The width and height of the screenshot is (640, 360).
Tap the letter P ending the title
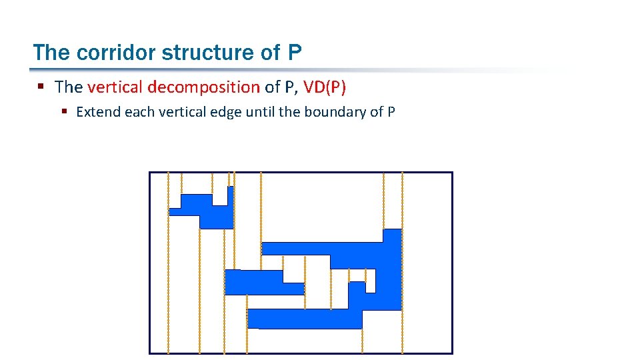click(x=295, y=53)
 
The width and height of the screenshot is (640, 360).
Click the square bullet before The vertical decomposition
click(x=41, y=87)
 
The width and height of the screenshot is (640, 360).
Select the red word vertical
click(x=115, y=87)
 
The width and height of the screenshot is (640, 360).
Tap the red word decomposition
click(x=204, y=87)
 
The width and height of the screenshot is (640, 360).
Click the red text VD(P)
click(x=325, y=87)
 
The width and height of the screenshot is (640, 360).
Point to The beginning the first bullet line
click(x=69, y=87)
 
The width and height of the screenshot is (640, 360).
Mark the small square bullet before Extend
click(x=65, y=111)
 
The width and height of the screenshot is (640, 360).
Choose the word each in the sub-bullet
click(x=139, y=111)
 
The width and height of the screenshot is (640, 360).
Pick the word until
click(x=261, y=111)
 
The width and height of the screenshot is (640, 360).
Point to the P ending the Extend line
click(x=391, y=111)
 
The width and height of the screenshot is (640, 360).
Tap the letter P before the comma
click(x=290, y=87)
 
